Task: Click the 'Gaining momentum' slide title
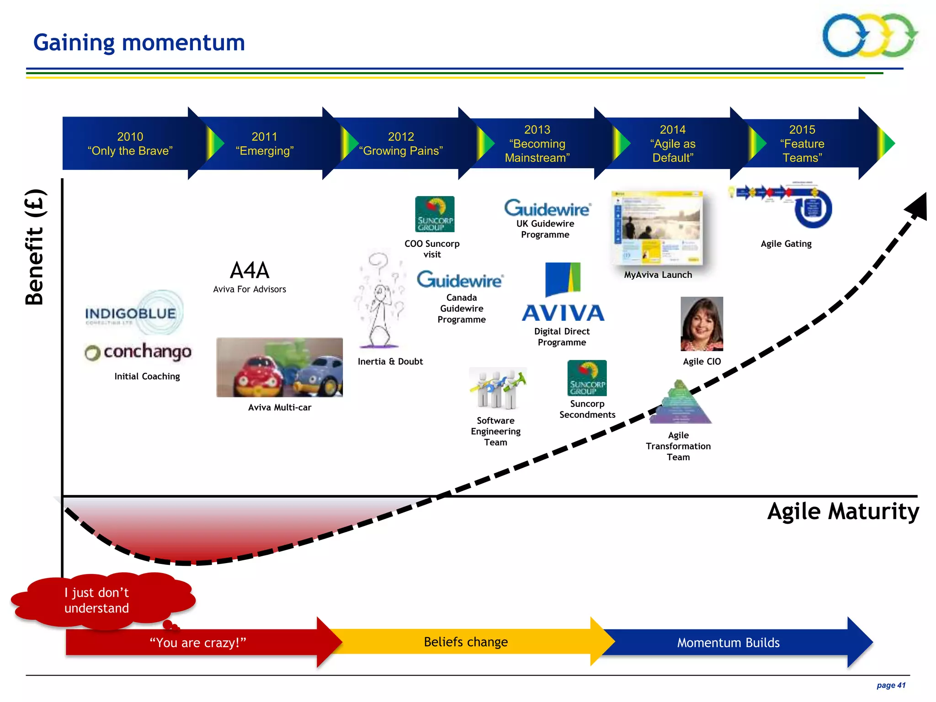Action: coord(139,43)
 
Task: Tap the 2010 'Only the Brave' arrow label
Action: coord(130,144)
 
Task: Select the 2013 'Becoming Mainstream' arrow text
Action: coord(537,144)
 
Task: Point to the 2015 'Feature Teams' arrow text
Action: coord(802,144)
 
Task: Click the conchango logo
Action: coord(138,351)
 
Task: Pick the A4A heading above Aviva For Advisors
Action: coord(250,271)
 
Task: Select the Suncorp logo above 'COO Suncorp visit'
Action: coord(435,214)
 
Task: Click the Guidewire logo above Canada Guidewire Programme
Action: coord(460,280)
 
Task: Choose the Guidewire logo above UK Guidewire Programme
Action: coord(548,208)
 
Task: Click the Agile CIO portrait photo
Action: coord(702,324)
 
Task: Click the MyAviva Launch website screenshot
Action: coord(657,229)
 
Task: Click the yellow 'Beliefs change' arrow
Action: coord(466,642)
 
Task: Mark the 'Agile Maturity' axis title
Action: coord(843,511)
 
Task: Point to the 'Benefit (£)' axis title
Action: coord(35,247)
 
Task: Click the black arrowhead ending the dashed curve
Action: coord(918,207)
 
